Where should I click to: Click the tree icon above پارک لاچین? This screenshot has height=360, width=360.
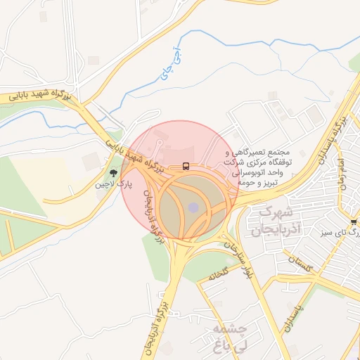click(x=113, y=173)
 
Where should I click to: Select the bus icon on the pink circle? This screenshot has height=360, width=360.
click(x=186, y=167)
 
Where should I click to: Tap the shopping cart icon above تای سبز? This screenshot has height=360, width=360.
click(x=353, y=222)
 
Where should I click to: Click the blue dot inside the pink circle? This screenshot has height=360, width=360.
click(x=193, y=207)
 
